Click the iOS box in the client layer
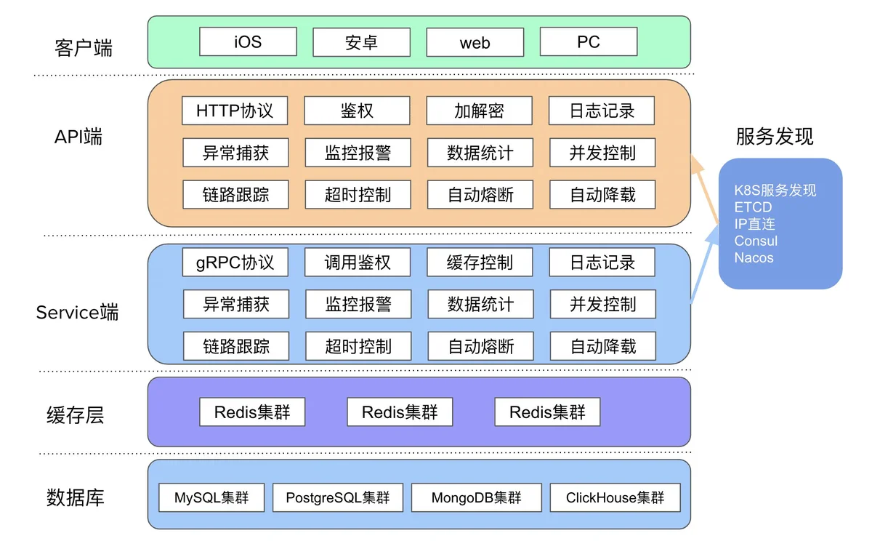pyautogui.click(x=248, y=41)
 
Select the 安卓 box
pyautogui.click(x=362, y=42)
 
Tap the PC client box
pyautogui.click(x=589, y=41)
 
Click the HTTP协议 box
pyautogui.click(x=235, y=111)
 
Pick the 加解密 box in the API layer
pyautogui.click(x=479, y=111)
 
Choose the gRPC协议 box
pyautogui.click(x=235, y=263)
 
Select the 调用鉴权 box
pyautogui.click(x=358, y=263)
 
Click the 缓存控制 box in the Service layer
pyautogui.click(x=480, y=263)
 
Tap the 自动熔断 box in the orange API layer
pyautogui.click(x=480, y=194)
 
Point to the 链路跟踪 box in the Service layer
pyautogui.click(x=236, y=346)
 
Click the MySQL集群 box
pyautogui.click(x=211, y=497)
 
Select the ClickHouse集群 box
pyautogui.click(x=615, y=497)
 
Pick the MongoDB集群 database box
pyautogui.click(x=477, y=497)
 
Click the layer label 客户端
pyautogui.click(x=84, y=48)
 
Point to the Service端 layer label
pyautogui.click(x=77, y=312)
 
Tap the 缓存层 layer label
pyautogui.click(x=75, y=415)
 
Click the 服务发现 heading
pyautogui.click(x=775, y=137)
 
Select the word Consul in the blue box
pyautogui.click(x=756, y=241)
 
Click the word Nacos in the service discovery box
pyautogui.click(x=754, y=257)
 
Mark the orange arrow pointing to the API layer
pyautogui.click(x=705, y=189)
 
